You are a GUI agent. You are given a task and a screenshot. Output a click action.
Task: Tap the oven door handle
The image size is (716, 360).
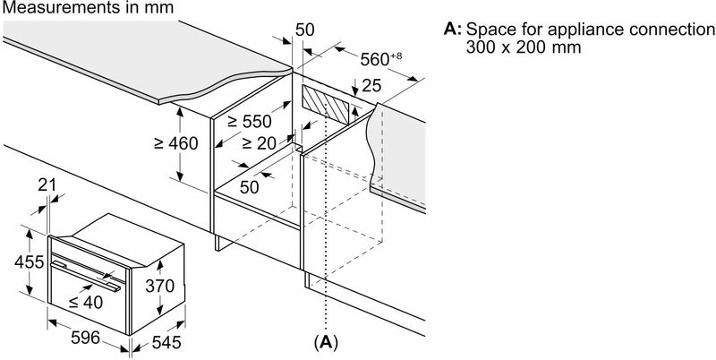[x=86, y=272]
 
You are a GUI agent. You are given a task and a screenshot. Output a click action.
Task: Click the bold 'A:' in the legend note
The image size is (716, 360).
[x=453, y=30]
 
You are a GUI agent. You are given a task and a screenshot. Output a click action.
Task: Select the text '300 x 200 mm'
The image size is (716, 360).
[x=520, y=47]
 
